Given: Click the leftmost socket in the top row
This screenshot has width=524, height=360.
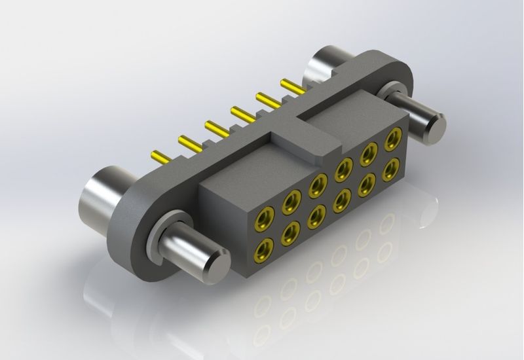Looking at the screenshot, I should click(267, 214).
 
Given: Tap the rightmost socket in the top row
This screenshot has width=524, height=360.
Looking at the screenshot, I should click(392, 139).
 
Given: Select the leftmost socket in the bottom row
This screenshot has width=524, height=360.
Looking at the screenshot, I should click(266, 247).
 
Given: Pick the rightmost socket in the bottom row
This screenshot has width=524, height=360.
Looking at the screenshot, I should click(392, 170).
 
